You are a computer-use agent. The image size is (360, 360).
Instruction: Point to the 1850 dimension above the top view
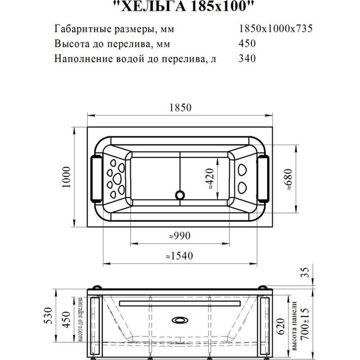[179, 108]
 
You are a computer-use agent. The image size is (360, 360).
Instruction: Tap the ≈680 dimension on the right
[290, 179]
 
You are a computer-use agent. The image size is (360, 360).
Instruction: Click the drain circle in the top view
[180, 195]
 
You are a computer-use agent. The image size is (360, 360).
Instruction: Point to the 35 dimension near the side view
[306, 273]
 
